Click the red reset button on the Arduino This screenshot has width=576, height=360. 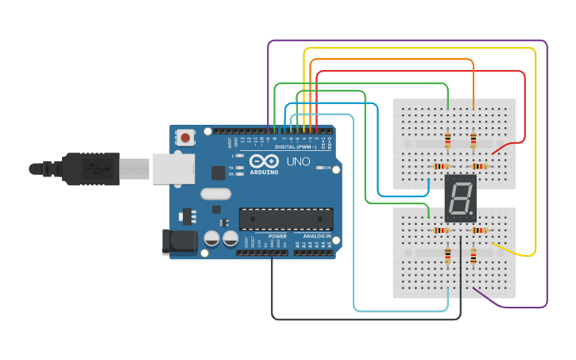pos(185,137)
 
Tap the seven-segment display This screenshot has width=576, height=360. pos(460,199)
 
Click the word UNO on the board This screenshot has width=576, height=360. pos(298,161)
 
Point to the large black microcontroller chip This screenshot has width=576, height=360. pos(286,219)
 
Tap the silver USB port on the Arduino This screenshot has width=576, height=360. pos(174,169)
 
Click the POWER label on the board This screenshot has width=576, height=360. pos(277,236)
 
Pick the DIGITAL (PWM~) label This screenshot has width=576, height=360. pos(295,147)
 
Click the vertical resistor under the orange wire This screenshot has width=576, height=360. pos(474,141)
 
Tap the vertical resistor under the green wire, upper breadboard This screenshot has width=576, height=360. pos(448,141)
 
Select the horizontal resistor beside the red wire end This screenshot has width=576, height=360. pos(479,166)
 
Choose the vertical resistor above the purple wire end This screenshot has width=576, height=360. pos(474,256)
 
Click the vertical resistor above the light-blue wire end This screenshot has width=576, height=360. pos(448,256)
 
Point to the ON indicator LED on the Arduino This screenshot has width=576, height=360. pos(318,168)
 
